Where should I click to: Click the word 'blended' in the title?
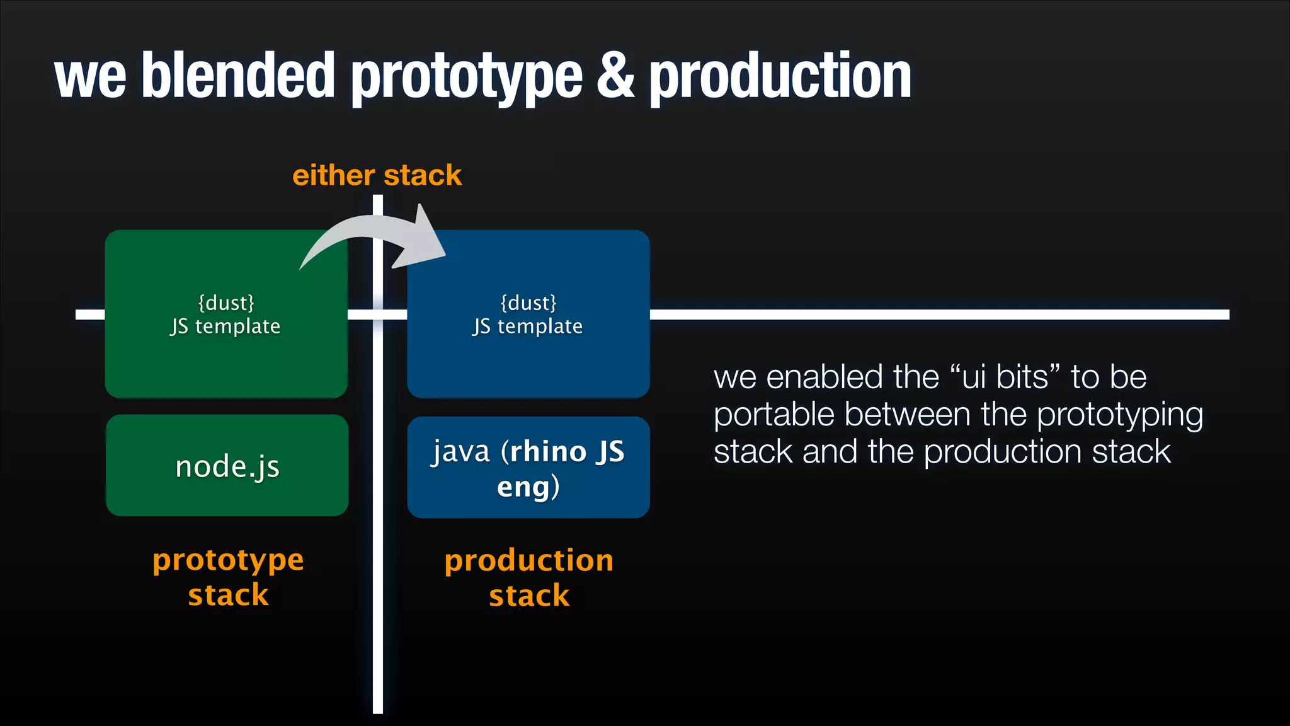pyautogui.click(x=238, y=76)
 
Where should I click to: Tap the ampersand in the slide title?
pyautogui.click(x=615, y=76)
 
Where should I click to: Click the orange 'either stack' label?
pyautogui.click(x=377, y=175)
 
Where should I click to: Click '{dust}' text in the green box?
pyautogui.click(x=226, y=303)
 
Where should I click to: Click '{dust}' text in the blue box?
pyautogui.click(x=528, y=303)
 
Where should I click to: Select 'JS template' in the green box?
pyautogui.click(x=225, y=326)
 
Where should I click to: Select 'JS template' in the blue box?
pyautogui.click(x=528, y=326)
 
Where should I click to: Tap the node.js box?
pyautogui.click(x=227, y=466)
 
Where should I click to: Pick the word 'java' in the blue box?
pyautogui.click(x=461, y=452)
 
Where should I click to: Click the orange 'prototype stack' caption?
pyautogui.click(x=228, y=577)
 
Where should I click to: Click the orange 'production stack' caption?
pyautogui.click(x=529, y=577)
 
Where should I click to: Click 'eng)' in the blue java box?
pyautogui.click(x=528, y=487)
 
